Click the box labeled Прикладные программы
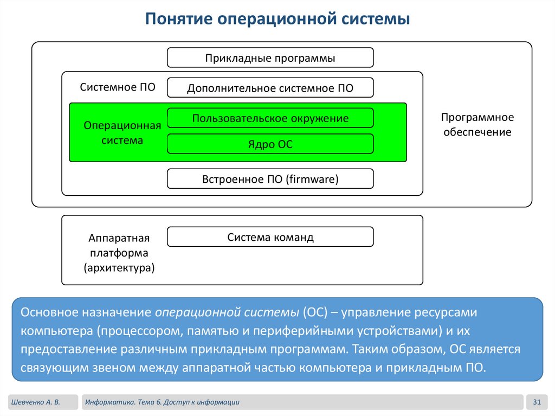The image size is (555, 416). pyautogui.click(x=270, y=58)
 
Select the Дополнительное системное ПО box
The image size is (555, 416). pyautogui.click(x=270, y=88)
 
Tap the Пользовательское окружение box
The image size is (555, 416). pyautogui.click(x=270, y=118)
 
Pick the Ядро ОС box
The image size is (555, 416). pyautogui.click(x=270, y=144)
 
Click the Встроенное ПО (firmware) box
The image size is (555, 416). pyautogui.click(x=270, y=179)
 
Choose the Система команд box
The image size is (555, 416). pyautogui.click(x=270, y=237)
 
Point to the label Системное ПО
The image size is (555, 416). pyautogui.click(x=118, y=87)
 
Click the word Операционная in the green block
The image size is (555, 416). pyautogui.click(x=122, y=126)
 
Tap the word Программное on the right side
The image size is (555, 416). pyautogui.click(x=477, y=117)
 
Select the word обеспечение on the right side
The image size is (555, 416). pyautogui.click(x=477, y=132)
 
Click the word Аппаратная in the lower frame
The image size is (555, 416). pyautogui.click(x=119, y=239)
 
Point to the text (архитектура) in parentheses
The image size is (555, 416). pyautogui.click(x=119, y=267)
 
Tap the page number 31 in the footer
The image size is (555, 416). pyautogui.click(x=537, y=402)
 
